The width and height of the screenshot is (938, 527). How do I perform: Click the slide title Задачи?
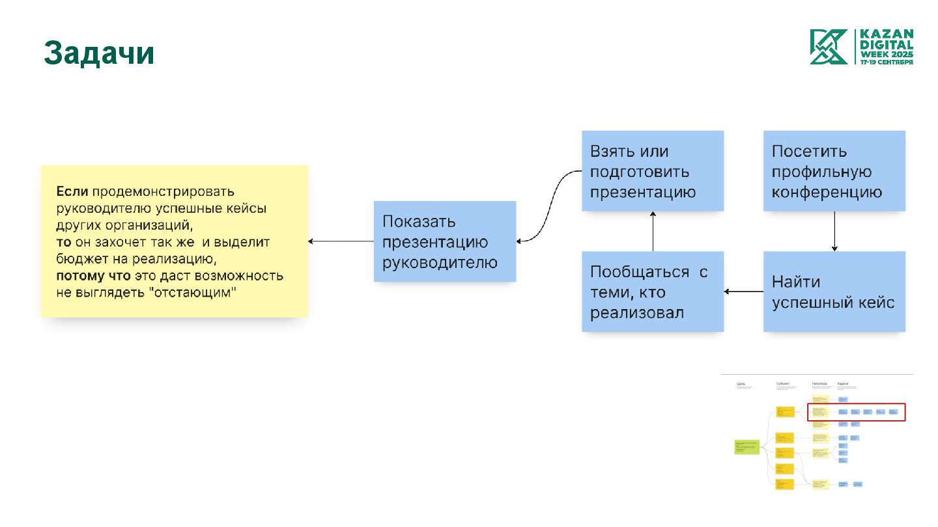pyautogui.click(x=99, y=53)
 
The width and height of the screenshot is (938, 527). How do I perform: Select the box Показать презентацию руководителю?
pyautogui.click(x=445, y=241)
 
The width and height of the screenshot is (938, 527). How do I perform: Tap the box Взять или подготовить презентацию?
pyautogui.click(x=653, y=171)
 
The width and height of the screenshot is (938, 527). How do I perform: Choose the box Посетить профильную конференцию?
pyautogui.click(x=834, y=171)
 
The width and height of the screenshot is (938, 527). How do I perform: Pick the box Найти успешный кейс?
pyautogui.click(x=834, y=291)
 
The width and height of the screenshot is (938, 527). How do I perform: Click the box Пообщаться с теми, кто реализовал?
pyautogui.click(x=653, y=291)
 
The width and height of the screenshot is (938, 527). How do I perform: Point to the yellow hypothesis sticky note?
pyautogui.click(x=175, y=241)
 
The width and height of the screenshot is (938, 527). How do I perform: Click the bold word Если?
pyautogui.click(x=72, y=192)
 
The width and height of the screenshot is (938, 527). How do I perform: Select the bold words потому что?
pyautogui.click(x=94, y=276)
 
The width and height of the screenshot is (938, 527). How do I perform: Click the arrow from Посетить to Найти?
pyautogui.click(x=834, y=231)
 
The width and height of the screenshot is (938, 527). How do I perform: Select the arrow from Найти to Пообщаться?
pyautogui.click(x=744, y=291)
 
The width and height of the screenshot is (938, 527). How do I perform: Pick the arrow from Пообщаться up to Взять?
pyautogui.click(x=653, y=231)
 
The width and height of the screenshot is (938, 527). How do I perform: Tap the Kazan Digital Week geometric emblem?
pyautogui.click(x=829, y=47)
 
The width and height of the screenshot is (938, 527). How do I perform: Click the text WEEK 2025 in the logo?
pyautogui.click(x=887, y=55)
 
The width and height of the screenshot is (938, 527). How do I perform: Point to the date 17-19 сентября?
pyautogui.click(x=887, y=62)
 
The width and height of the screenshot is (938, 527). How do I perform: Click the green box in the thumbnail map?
pyautogui.click(x=747, y=447)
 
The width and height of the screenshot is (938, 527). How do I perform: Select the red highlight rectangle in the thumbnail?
pyautogui.click(x=857, y=412)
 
